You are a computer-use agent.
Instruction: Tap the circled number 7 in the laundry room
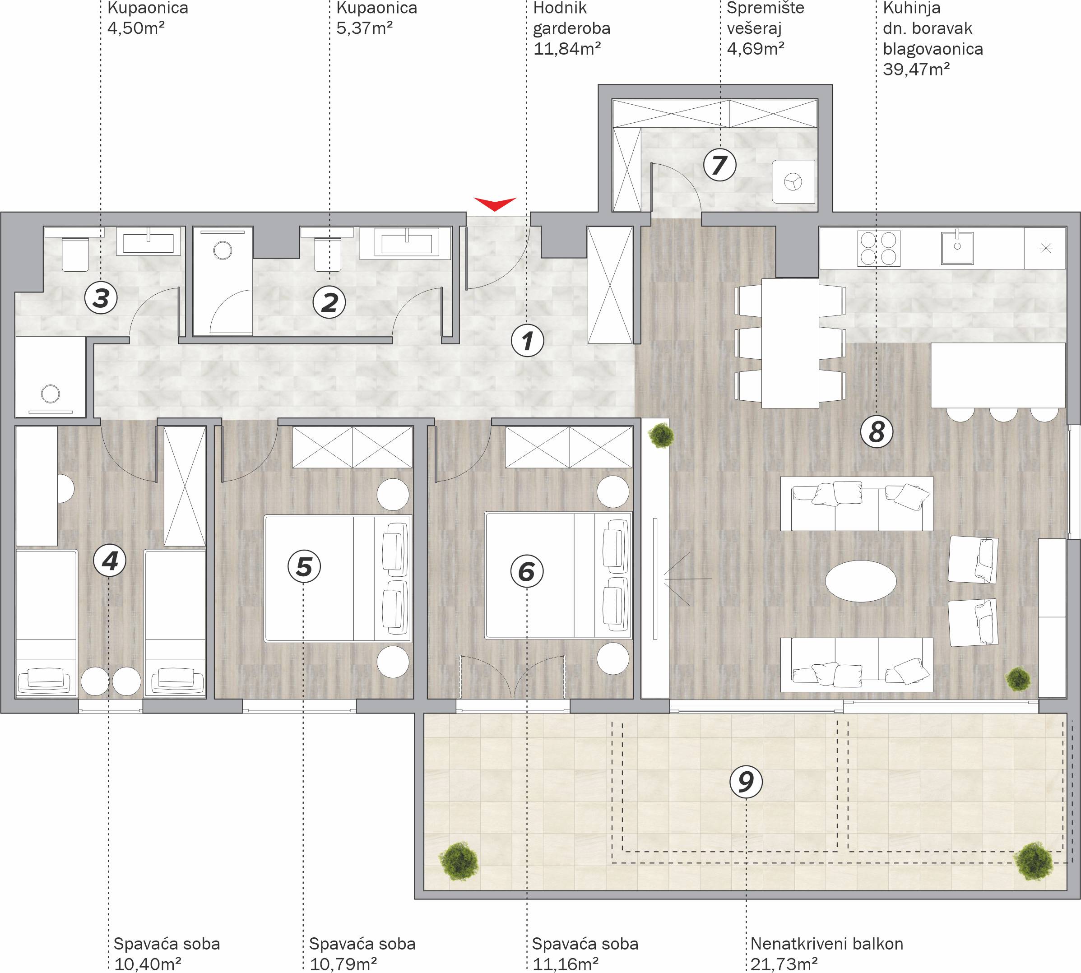pos(719,165)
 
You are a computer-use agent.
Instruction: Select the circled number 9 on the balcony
pos(746,783)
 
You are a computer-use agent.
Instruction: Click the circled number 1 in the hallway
pos(527,341)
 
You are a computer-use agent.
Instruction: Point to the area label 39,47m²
pos(916,69)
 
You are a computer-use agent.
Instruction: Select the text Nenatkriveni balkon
pos(826,944)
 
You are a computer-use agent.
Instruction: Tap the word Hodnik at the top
pos(560,8)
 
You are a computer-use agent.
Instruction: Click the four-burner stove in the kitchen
pos(878,248)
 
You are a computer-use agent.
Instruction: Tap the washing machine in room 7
pos(793,182)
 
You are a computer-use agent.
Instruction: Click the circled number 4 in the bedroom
pos(110,561)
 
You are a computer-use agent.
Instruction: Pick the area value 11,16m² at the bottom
pos(565,964)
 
